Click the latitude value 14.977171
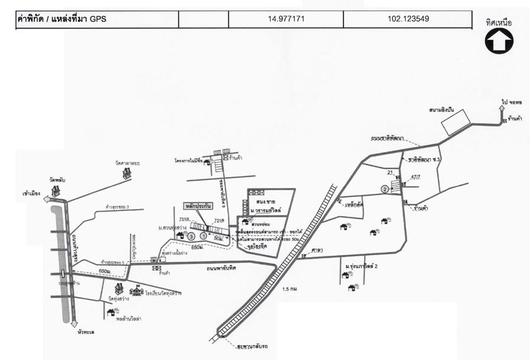pyautogui.click(x=286, y=19)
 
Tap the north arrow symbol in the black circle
pyautogui.click(x=499, y=41)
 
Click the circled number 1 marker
pyautogui.click(x=204, y=235)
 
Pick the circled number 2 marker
pyautogui.click(x=385, y=189)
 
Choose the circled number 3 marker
pyautogui.click(x=191, y=236)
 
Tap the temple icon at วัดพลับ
pyautogui.click(x=56, y=190)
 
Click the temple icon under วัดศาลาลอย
pyautogui.click(x=126, y=173)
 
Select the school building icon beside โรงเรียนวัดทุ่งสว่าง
pyautogui.click(x=137, y=291)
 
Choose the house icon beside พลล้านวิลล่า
pyautogui.click(x=111, y=313)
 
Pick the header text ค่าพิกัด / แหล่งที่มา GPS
pyautogui.click(x=61, y=19)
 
